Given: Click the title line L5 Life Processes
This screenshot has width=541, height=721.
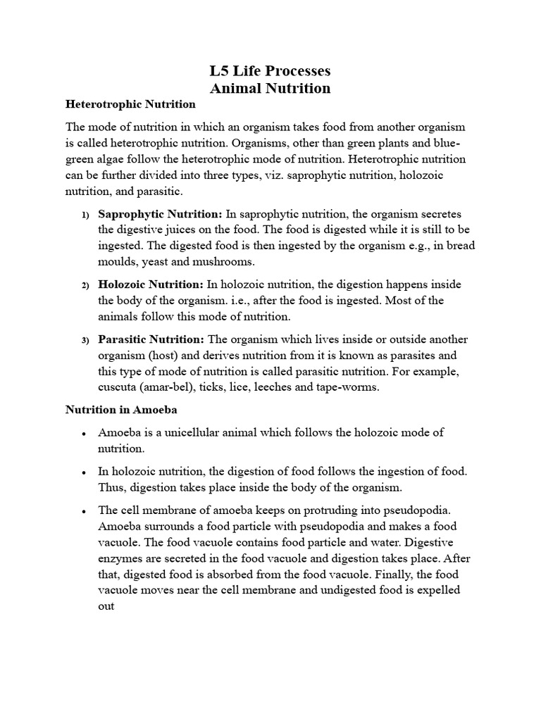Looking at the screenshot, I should tap(270, 71).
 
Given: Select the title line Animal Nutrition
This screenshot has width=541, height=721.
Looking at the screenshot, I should tap(270, 88).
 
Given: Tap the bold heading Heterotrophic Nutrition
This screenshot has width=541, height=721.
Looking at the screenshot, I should tap(130, 104).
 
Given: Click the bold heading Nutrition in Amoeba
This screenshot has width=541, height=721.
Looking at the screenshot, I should tap(122, 408).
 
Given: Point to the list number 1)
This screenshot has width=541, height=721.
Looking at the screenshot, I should tap(85, 215).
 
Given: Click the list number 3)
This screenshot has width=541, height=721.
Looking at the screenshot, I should tap(85, 341).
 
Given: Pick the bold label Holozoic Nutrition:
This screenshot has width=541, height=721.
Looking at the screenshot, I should tap(150, 284).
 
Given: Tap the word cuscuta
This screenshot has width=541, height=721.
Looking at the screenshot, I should tap(118, 387).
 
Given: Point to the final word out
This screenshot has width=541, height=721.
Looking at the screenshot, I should tap(106, 606).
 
